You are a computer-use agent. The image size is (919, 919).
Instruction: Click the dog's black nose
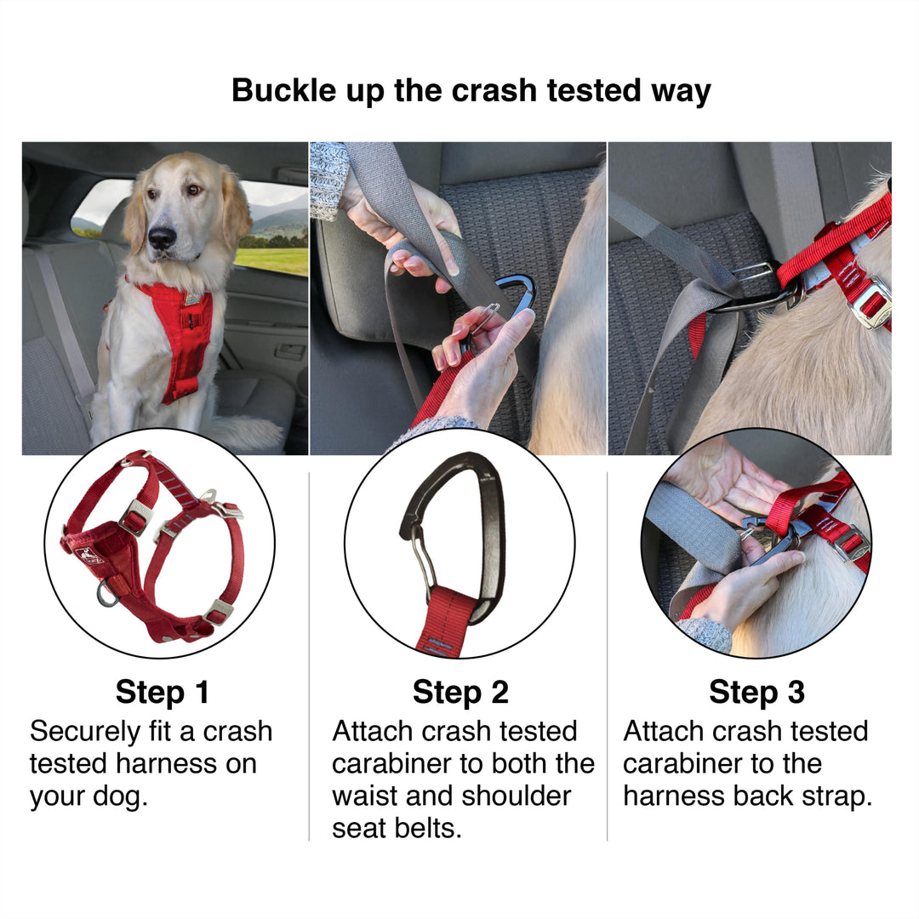(162, 237)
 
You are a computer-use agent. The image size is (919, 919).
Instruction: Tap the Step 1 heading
(163, 692)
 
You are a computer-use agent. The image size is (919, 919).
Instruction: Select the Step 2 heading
(460, 692)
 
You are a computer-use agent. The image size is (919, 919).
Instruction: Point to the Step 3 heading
(756, 692)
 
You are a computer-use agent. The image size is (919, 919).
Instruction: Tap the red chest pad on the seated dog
(185, 340)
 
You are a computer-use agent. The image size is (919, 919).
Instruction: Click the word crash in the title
(494, 91)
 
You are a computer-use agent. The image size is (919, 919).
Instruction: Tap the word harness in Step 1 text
(167, 763)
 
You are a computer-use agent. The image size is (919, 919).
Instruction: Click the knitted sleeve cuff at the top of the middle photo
(329, 179)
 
